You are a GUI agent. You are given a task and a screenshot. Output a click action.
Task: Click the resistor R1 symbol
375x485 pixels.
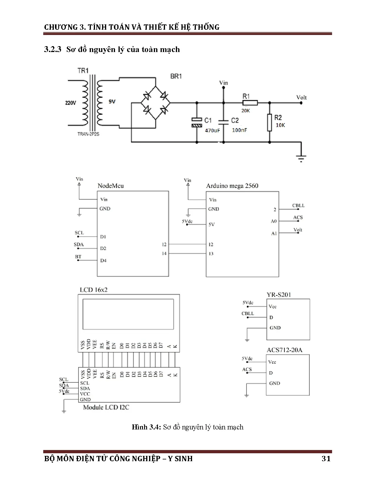click(x=250, y=103)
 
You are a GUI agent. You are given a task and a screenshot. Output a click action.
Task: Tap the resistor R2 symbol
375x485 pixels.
click(x=269, y=123)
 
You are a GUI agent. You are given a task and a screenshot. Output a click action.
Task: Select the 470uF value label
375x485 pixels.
click(x=212, y=130)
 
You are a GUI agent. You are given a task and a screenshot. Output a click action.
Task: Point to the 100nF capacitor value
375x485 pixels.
click(x=239, y=130)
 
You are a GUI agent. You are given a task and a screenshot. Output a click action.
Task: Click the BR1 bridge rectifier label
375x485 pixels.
click(x=176, y=76)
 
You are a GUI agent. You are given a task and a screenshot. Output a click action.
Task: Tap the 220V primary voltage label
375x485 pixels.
click(x=71, y=103)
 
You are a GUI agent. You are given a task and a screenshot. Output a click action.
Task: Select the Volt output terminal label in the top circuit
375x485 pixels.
click(x=301, y=97)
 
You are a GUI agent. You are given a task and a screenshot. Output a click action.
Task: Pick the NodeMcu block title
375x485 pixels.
click(x=111, y=186)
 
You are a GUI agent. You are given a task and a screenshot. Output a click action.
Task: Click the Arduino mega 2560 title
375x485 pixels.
click(x=232, y=186)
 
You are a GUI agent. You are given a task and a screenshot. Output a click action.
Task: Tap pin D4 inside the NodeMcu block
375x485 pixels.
click(x=103, y=260)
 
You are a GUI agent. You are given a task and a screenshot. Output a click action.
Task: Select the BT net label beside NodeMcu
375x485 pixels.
click(x=78, y=257)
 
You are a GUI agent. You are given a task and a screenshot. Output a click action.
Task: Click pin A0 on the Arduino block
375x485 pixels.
click(x=274, y=221)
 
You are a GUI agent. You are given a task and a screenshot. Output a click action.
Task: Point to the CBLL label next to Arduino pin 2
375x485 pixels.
click(x=298, y=205)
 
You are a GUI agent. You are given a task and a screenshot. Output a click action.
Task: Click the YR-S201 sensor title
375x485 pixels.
click(x=279, y=295)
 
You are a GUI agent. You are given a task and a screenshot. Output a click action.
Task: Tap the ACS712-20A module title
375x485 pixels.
click(x=284, y=350)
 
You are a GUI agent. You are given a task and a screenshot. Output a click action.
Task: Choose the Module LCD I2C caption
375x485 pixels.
click(x=106, y=407)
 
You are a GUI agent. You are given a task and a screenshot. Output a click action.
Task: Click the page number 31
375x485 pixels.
click(x=326, y=459)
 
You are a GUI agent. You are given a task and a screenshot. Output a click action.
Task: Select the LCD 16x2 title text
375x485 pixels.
click(x=94, y=290)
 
